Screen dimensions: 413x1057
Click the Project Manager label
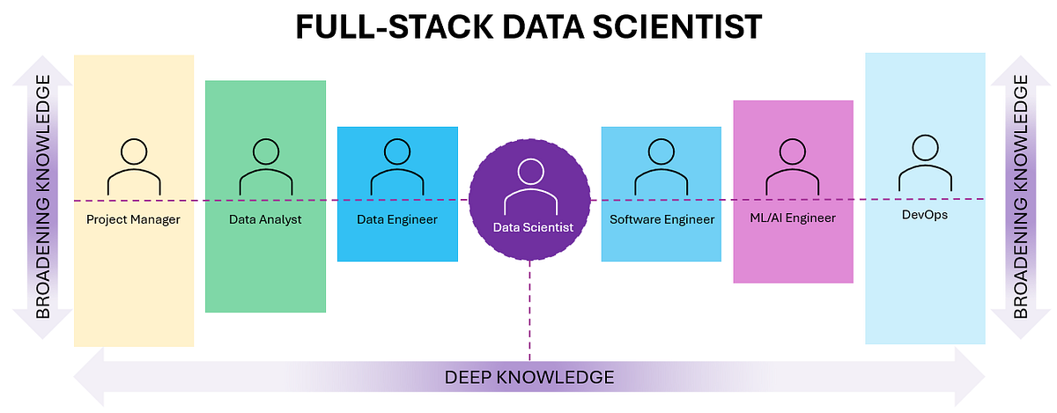point(133,219)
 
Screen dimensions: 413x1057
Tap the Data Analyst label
point(265,219)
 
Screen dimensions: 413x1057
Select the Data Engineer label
point(396,218)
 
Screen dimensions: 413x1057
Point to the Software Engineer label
point(662,218)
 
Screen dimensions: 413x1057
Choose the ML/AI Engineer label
point(793,218)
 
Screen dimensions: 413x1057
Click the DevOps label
point(925,215)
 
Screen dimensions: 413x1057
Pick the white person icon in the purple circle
point(530,187)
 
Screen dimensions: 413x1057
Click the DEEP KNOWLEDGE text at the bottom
point(528,378)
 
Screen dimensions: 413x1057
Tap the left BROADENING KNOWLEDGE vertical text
point(42,195)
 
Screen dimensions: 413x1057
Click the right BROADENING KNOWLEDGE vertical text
point(1020,195)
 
